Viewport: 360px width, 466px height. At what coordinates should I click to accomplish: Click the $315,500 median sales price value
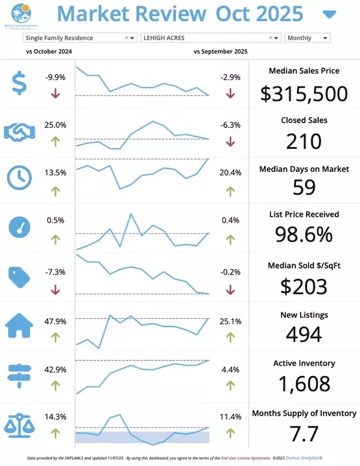coord(304,93)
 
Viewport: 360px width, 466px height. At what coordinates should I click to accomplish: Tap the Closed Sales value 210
coord(304,141)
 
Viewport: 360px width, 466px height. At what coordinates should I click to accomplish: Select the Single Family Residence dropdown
coord(80,38)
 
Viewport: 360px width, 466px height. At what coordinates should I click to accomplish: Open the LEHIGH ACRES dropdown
coord(211,38)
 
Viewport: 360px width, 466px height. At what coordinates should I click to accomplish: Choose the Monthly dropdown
coord(307,38)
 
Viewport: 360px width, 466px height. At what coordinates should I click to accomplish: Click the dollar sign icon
coord(20,83)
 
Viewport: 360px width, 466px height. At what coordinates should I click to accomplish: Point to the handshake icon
coord(20,132)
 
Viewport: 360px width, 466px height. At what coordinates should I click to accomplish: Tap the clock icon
coord(20,177)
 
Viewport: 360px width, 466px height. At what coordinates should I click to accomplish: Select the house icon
coord(20,325)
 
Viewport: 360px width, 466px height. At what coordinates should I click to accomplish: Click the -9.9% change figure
coord(55,77)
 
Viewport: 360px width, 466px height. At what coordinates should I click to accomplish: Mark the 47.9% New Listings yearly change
coord(55,321)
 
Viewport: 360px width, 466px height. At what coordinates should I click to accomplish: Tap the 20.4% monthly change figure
coord(231,172)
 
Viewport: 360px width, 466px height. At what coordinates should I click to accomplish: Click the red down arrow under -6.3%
coord(231,142)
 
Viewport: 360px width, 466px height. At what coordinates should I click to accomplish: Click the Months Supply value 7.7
coord(304,432)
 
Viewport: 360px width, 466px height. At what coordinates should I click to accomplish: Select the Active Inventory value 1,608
coord(304,383)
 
